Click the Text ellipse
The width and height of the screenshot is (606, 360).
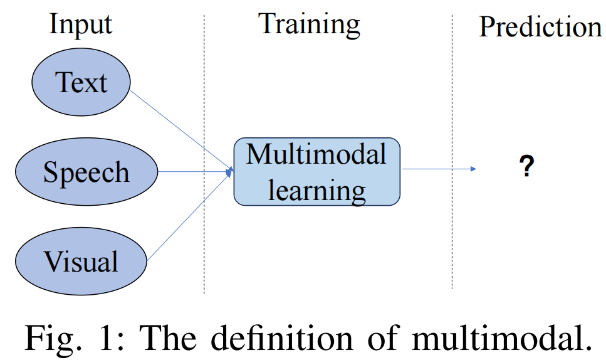[81, 83]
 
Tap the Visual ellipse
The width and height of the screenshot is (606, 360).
[81, 261]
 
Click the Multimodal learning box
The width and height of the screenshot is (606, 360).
[316, 171]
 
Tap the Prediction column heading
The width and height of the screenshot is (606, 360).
[540, 26]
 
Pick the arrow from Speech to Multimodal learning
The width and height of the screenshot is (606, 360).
[194, 170]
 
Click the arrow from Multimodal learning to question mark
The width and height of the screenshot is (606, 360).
[439, 169]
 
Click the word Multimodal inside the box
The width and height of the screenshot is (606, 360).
[316, 154]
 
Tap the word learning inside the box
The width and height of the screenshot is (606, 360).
[316, 189]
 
